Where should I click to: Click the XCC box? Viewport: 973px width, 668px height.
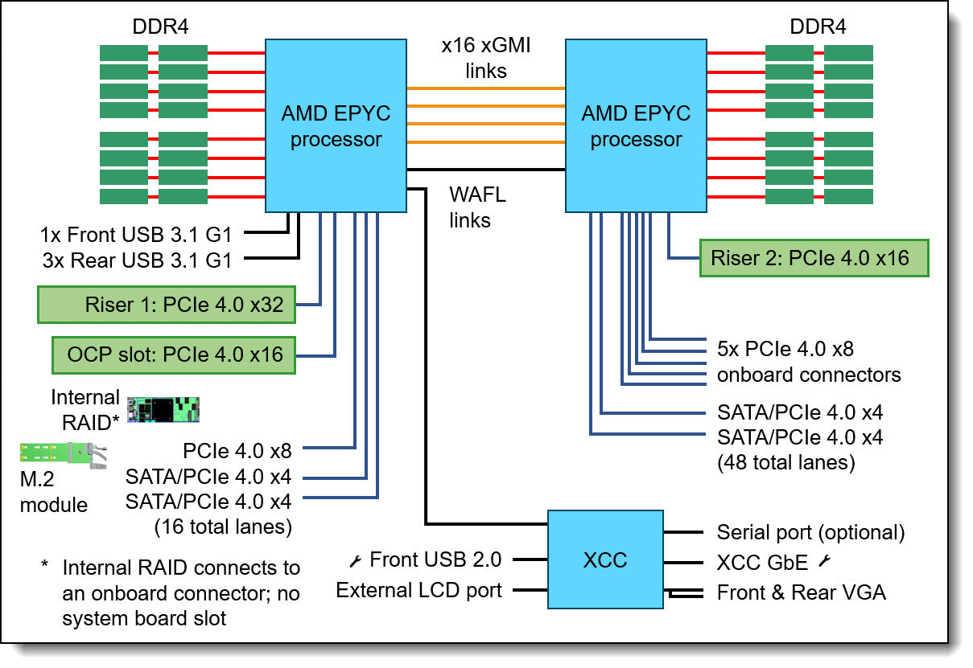tap(604, 559)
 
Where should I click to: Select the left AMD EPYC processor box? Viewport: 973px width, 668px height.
tap(336, 126)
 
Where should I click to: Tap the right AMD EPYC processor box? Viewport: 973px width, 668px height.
tap(636, 126)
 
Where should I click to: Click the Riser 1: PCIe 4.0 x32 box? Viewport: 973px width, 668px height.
tap(167, 304)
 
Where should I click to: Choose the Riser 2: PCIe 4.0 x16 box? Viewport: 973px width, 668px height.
tap(814, 258)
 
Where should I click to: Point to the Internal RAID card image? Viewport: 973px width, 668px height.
tap(164, 409)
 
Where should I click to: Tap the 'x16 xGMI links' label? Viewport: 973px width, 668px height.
tap(485, 59)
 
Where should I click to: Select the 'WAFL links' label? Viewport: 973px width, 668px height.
tap(476, 207)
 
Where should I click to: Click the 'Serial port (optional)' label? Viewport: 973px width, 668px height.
tap(810, 532)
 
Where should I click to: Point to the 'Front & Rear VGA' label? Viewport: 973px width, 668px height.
tap(801, 593)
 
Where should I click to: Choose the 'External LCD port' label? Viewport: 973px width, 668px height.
tap(418, 591)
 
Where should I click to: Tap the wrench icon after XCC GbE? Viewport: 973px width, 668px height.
tap(823, 562)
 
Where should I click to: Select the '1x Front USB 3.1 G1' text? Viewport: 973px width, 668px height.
tap(136, 236)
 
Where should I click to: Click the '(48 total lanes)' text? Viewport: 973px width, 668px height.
tap(785, 463)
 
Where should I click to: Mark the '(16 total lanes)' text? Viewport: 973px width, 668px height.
tap(223, 527)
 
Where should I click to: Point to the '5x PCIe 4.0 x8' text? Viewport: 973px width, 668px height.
tap(785, 350)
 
